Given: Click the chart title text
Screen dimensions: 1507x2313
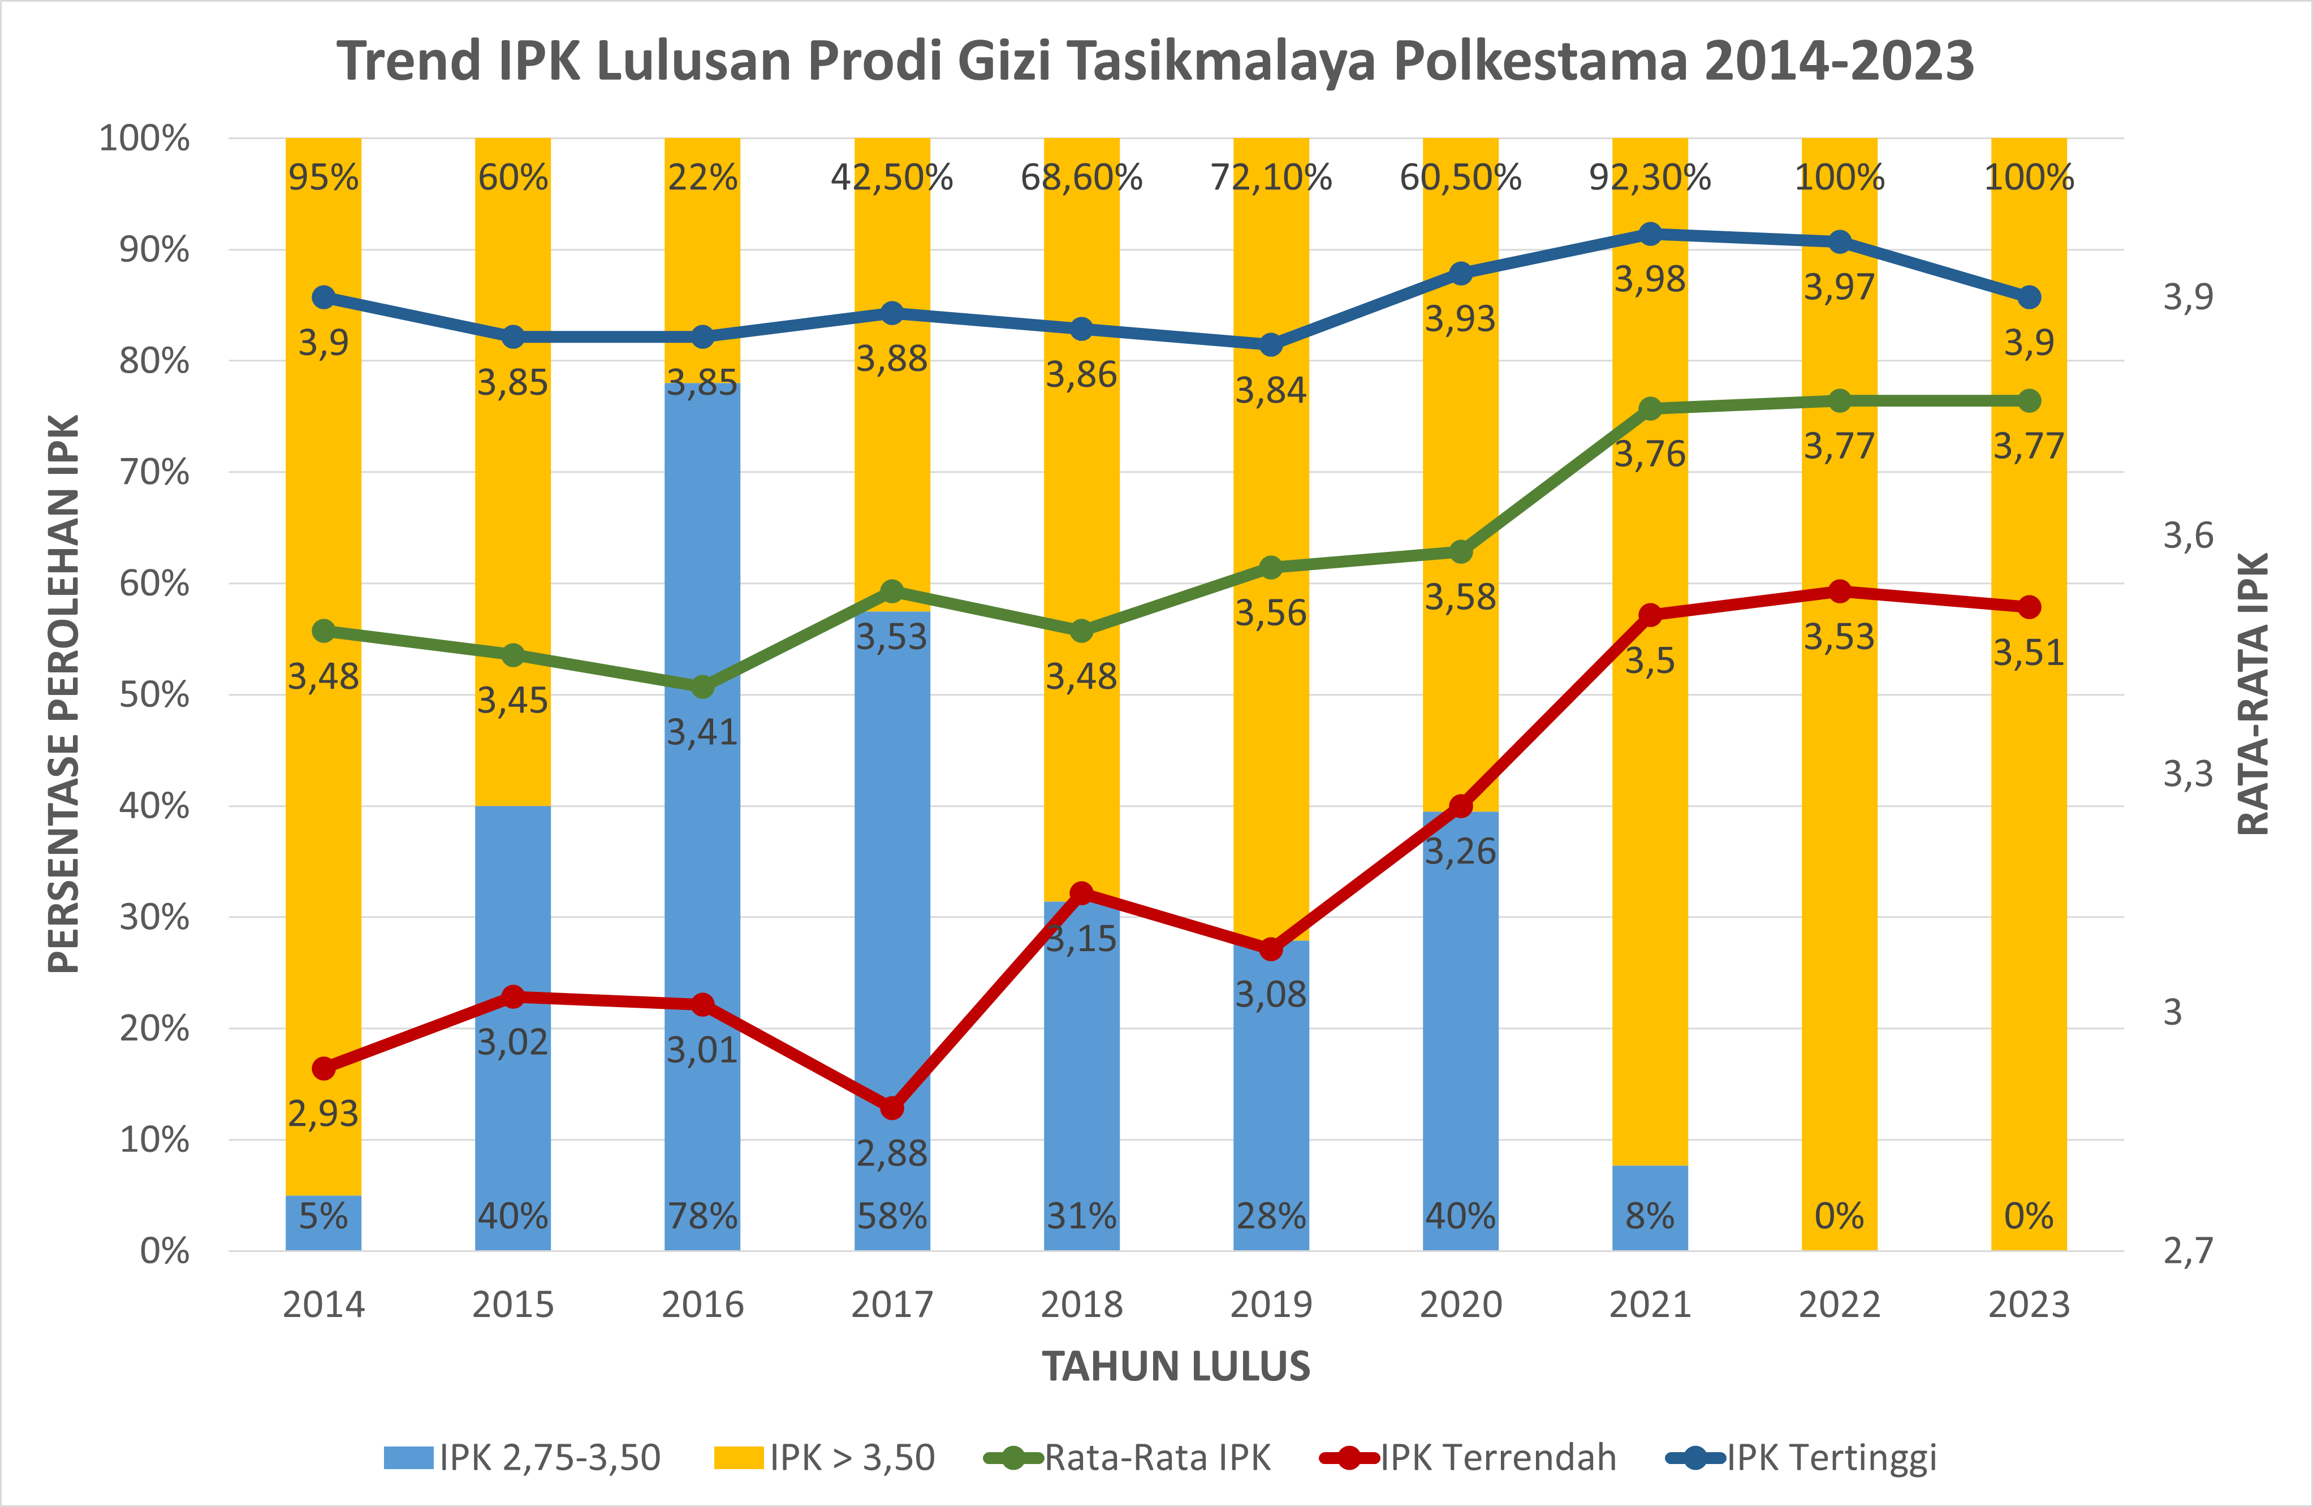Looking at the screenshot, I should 1155,61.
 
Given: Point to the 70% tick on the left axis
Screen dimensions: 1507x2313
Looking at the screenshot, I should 154,472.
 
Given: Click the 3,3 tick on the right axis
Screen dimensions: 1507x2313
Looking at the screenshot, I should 2187,774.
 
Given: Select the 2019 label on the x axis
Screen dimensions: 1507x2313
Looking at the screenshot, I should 1270,1304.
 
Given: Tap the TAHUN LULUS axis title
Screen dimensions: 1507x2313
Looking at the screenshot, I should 1176,1366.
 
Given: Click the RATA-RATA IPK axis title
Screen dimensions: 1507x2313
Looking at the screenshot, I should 2252,694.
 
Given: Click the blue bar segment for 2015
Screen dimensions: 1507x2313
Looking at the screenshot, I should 513,913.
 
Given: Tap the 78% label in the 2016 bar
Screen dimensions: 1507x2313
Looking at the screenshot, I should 702,1216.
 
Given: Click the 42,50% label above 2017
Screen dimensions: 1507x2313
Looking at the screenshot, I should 891,178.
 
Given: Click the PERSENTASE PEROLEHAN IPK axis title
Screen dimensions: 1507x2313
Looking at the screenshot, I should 64,694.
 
